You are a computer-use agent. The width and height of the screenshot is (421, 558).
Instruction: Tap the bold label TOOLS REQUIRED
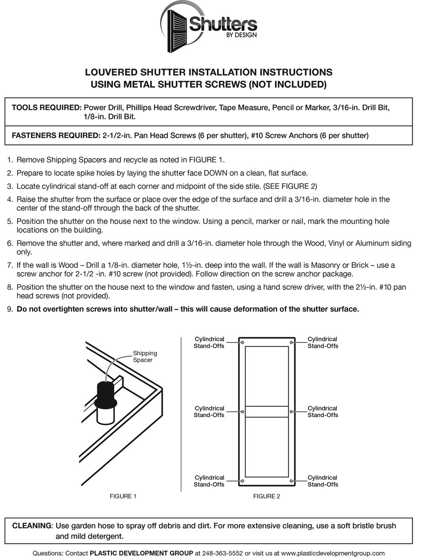click(x=47, y=107)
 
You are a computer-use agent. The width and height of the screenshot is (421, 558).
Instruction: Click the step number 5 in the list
click(x=10, y=221)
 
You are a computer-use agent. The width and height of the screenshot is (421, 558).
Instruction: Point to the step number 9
click(x=10, y=309)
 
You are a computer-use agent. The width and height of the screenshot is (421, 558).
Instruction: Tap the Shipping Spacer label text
click(x=145, y=357)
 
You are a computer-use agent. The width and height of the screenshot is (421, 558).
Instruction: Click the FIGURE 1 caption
click(x=123, y=496)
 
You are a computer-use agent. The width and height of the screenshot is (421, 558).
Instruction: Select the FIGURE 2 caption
click(x=267, y=496)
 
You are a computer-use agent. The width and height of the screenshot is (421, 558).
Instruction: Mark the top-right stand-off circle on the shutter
click(x=291, y=342)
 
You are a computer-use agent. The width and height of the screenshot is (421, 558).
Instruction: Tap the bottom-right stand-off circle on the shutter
click(x=291, y=481)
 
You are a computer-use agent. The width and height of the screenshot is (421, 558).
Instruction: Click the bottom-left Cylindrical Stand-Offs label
click(x=209, y=481)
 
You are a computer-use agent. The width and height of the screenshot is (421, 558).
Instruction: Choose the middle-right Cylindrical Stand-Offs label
click(x=323, y=412)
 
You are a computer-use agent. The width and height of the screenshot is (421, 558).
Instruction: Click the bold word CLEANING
click(x=32, y=526)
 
